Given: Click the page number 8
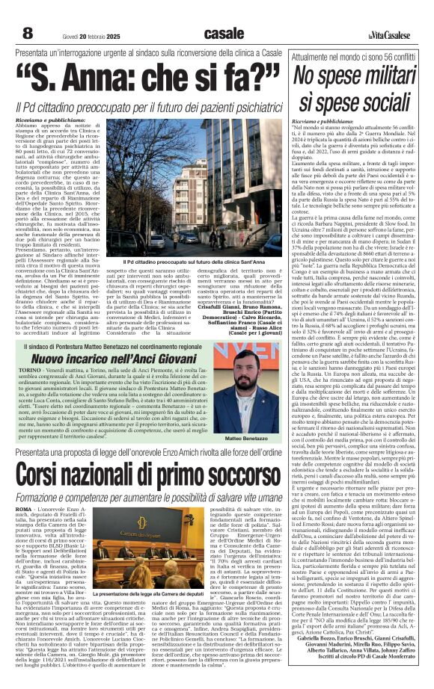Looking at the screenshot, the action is pyautogui.click(x=28, y=33).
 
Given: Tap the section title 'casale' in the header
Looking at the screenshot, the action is pyautogui.click(x=223, y=33).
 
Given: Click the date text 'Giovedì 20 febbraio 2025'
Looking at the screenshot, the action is pyautogui.click(x=82, y=35).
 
